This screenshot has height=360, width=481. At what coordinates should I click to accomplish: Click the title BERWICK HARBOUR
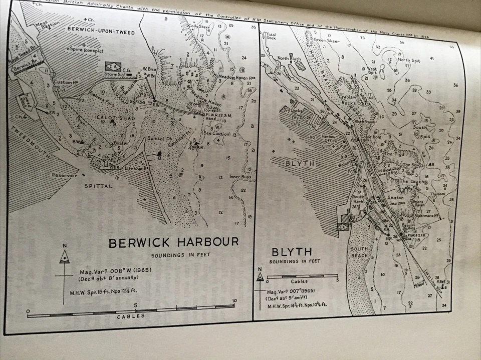[x=174, y=243]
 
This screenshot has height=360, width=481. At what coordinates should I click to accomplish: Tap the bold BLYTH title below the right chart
[x=291, y=251]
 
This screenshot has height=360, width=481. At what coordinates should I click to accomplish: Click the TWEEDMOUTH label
[x=29, y=147]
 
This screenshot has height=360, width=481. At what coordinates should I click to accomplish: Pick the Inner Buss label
[x=238, y=176]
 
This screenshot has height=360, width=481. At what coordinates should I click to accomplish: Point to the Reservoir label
[x=65, y=175]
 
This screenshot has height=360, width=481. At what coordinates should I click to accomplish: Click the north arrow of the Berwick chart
[x=65, y=256]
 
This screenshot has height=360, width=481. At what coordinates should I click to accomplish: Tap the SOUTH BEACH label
[x=359, y=252]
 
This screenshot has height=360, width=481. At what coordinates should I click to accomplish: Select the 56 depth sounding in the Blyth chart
[x=455, y=85]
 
